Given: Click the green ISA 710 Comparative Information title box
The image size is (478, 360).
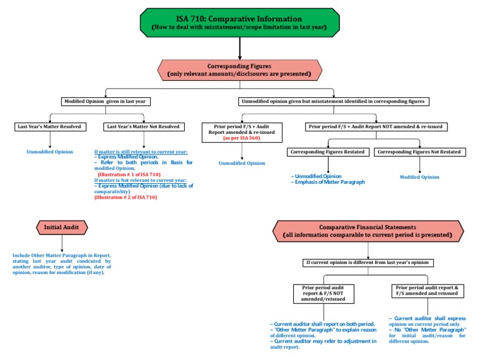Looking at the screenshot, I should (240, 22).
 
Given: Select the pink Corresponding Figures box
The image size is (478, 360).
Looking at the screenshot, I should (240, 70).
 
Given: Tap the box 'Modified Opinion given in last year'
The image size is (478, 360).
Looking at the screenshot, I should (105, 102).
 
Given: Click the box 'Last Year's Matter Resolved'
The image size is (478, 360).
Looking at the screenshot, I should (50, 127).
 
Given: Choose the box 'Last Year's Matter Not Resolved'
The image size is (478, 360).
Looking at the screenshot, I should (144, 127).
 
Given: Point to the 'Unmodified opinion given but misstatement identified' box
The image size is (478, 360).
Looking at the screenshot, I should (333, 102).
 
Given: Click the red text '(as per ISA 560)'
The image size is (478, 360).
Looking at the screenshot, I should (241, 138).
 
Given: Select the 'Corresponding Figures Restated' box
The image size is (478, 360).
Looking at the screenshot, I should (328, 152).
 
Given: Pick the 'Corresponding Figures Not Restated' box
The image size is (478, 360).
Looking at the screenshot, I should (419, 152).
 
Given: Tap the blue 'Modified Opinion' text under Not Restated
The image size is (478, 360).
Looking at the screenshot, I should (419, 177).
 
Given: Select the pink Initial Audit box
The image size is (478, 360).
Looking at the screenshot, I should (62, 227).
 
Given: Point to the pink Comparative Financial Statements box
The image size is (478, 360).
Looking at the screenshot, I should (368, 231).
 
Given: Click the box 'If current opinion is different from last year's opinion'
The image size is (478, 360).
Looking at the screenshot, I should (368, 263).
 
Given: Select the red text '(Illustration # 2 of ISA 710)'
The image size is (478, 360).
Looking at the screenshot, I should (126, 197).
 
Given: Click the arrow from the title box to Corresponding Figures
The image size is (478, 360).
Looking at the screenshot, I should (240, 47).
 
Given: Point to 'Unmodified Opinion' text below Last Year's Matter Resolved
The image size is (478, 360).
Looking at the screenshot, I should (50, 152).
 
